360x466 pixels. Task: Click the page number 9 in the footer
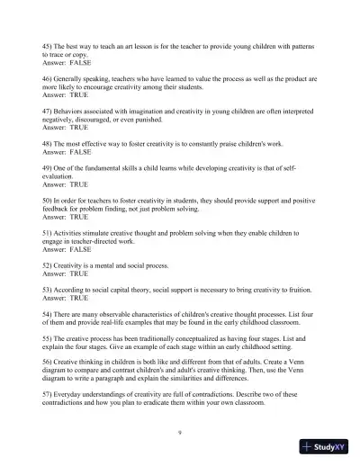click(x=180, y=432)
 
